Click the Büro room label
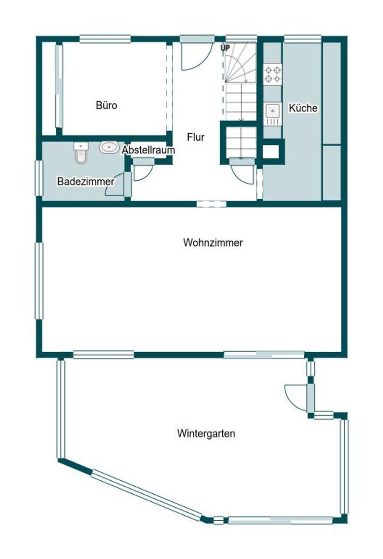pyautogui.click(x=106, y=105)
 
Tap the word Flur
pyautogui.click(x=196, y=137)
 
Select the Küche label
pyautogui.click(x=303, y=108)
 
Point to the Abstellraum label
pyautogui.click(x=149, y=150)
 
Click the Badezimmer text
pyautogui.click(x=86, y=181)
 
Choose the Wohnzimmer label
pyautogui.click(x=213, y=243)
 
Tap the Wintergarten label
pyautogui.click(x=206, y=434)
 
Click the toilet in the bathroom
pyautogui.click(x=81, y=153)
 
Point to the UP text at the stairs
pyautogui.click(x=225, y=48)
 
